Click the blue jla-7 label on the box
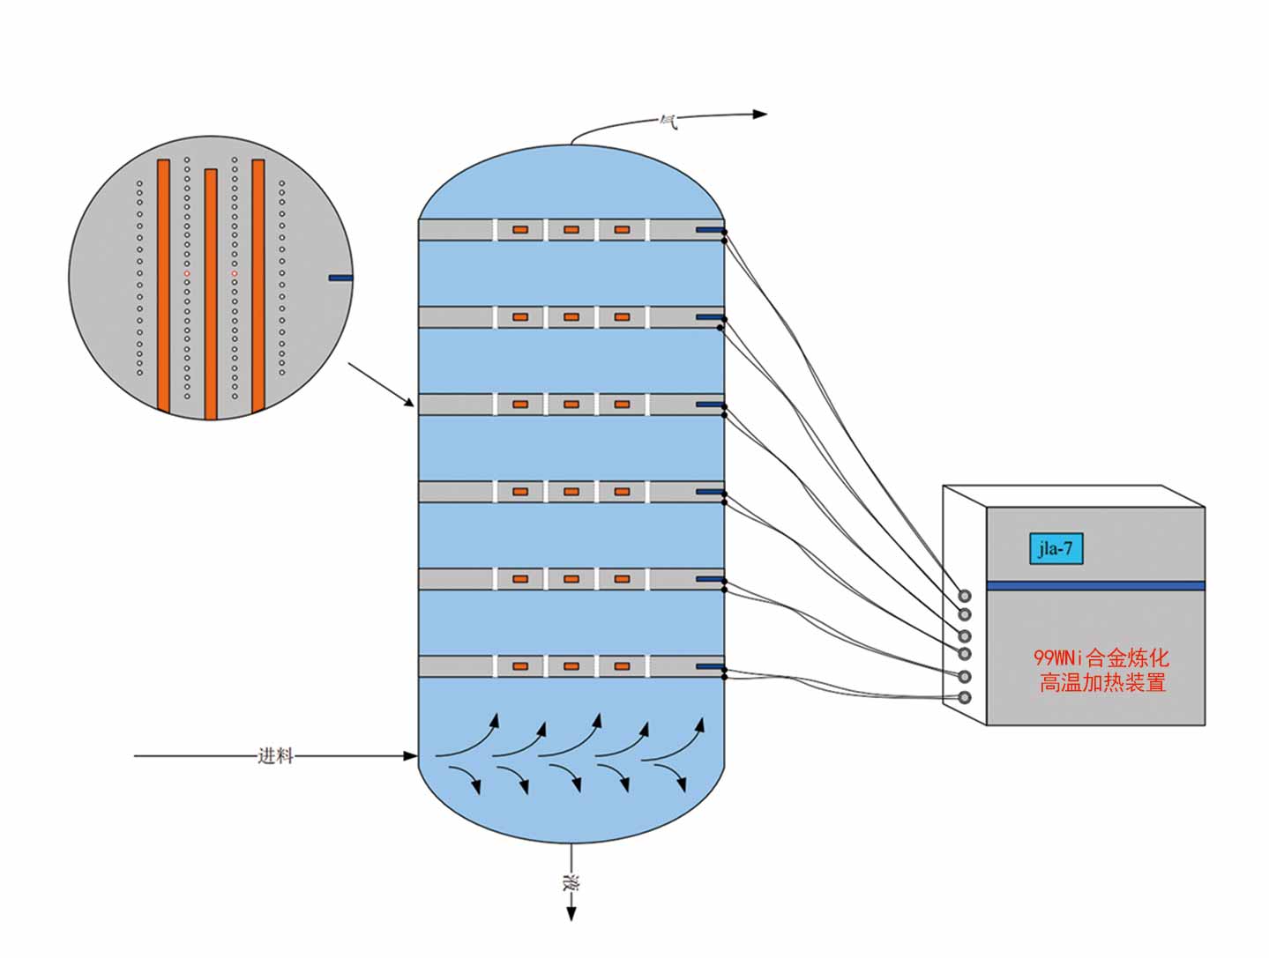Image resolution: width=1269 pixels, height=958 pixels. point(1055,549)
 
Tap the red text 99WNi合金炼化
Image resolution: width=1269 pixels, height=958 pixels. point(1101,657)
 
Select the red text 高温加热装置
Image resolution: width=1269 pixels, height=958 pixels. point(1102,683)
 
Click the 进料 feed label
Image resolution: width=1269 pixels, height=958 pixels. point(275,756)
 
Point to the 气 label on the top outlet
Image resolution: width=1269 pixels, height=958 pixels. point(669,121)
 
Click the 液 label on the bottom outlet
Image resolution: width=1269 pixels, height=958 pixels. point(571,883)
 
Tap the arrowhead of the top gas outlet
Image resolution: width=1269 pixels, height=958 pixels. point(760,114)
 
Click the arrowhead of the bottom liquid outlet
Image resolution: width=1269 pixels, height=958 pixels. point(571,914)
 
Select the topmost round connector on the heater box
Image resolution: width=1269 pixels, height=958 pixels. point(965,597)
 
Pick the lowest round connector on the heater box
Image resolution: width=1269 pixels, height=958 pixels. point(965,698)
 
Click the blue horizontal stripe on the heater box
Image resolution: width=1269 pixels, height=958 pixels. point(1094,586)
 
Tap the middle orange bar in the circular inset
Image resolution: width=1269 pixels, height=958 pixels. point(211,293)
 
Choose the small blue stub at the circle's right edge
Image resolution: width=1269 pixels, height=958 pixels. point(340,278)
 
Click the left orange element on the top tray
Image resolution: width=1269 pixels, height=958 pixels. point(520,230)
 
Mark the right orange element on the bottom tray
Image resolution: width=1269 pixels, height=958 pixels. point(622,666)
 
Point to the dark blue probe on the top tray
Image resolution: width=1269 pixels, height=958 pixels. point(709,230)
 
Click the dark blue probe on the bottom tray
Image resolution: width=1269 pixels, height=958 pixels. point(709,666)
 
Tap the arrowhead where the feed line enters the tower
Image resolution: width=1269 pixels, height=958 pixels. point(410,756)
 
